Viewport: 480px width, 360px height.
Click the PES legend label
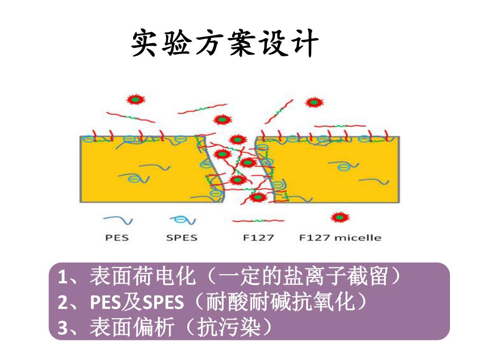pos(117,238)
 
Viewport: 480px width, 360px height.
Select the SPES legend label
pos(182,238)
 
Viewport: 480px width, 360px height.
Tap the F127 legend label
pos(258,238)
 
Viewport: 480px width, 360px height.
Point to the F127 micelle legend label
pos(340,238)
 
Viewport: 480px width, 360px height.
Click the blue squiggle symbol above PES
pos(117,219)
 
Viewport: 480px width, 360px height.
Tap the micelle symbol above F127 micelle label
pos(340,217)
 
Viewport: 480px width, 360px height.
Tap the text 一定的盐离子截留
pos(304,277)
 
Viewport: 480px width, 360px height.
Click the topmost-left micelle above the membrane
pos(135,99)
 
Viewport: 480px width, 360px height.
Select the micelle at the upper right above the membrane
pos(312,103)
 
